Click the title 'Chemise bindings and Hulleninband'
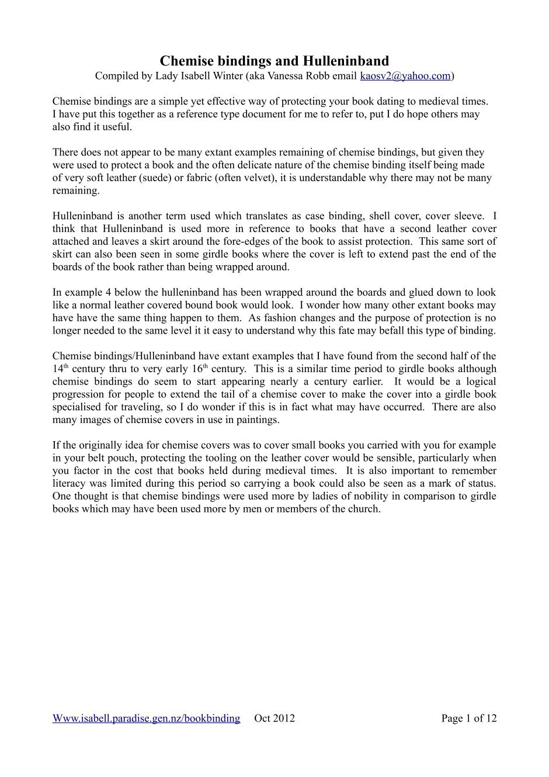pos(274,61)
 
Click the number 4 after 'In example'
pos(95,293)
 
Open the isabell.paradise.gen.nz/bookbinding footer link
pos(146,719)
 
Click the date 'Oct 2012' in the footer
pos(274,719)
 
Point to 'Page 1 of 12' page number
pos(468,719)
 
